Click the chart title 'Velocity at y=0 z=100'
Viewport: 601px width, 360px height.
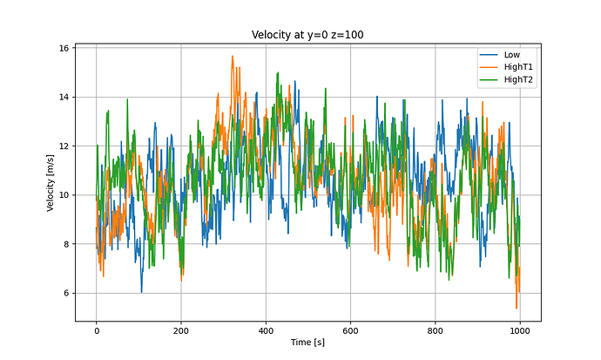(307, 34)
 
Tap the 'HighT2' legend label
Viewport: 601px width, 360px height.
(518, 79)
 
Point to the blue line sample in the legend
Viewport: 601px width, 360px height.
(488, 54)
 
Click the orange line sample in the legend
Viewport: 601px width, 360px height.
(488, 67)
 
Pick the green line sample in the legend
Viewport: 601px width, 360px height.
(488, 79)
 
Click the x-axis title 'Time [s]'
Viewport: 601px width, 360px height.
(307, 343)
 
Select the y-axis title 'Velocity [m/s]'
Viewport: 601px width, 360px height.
(51, 182)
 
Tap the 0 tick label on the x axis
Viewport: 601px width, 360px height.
(97, 329)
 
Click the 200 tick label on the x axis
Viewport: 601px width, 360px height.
(181, 329)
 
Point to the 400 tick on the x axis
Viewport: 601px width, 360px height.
(266, 329)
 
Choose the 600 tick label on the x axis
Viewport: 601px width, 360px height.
(350, 329)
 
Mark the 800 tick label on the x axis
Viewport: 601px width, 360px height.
(436, 329)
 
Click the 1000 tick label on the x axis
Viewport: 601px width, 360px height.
(520, 329)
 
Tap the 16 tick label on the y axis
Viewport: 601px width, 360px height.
(63, 48)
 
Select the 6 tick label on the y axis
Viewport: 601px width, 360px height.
(65, 293)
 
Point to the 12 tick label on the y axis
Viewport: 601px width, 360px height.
(63, 146)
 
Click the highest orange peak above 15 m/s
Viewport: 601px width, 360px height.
(233, 57)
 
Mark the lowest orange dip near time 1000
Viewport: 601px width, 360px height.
(517, 308)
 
